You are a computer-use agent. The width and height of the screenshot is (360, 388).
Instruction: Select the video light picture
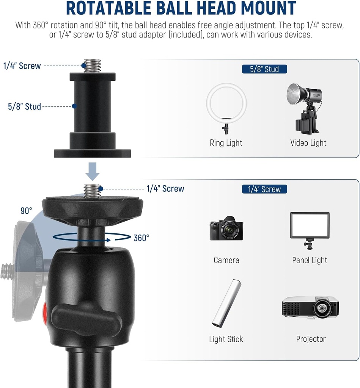point(305,108)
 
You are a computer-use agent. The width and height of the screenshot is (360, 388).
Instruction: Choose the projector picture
point(310,307)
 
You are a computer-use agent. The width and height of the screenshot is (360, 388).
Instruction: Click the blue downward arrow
point(93,171)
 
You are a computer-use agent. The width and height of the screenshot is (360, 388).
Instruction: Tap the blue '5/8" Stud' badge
point(264,69)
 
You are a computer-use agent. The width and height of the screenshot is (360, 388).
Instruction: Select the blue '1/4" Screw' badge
point(264,189)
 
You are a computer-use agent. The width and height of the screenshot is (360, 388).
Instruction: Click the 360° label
point(141,238)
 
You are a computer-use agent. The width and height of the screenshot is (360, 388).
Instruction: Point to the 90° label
point(26,211)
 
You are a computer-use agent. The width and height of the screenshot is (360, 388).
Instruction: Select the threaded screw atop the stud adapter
point(93,66)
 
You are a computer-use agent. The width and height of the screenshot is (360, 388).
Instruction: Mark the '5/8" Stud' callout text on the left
point(24,106)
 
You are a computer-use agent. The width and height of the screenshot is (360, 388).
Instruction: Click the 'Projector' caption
point(311,339)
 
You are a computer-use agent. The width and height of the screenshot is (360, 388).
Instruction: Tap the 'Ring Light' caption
point(226,143)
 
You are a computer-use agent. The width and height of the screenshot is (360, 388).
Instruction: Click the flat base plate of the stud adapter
point(93,153)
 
